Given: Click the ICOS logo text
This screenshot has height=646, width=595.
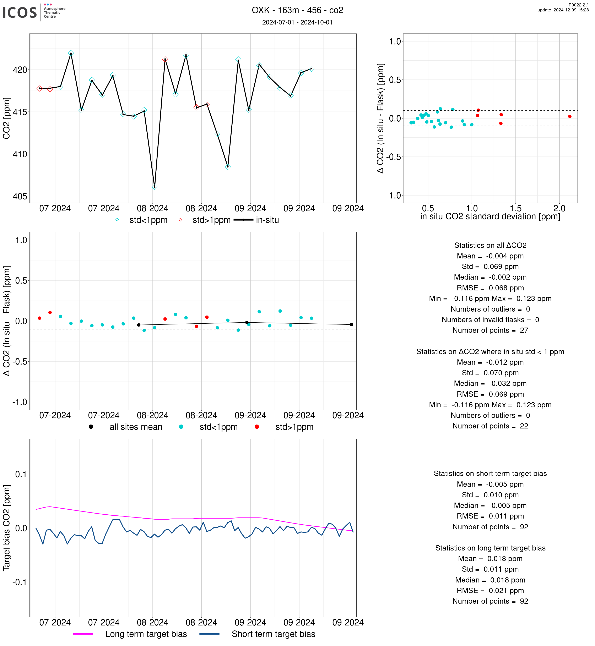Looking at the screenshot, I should (20, 12).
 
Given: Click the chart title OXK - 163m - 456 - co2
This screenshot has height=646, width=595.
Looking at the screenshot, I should (297, 10).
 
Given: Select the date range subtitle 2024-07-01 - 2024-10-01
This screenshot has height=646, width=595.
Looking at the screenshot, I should (297, 22).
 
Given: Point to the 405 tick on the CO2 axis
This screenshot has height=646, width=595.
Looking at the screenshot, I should (20, 196).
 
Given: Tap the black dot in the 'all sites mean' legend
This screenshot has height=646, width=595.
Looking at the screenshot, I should (91, 427).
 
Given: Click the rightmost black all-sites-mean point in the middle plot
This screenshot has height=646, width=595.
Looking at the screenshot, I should (351, 324).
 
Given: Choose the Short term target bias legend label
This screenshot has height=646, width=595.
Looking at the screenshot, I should (273, 634).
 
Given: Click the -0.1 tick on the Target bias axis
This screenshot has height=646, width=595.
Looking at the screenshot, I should (19, 582).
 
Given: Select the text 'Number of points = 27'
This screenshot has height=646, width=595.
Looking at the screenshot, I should (490, 330).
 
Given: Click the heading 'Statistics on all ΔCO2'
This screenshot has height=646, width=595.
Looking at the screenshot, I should (490, 245).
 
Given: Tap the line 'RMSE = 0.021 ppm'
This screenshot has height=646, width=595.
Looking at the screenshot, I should (490, 591).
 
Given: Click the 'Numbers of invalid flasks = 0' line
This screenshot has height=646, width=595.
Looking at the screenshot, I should (490, 320).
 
